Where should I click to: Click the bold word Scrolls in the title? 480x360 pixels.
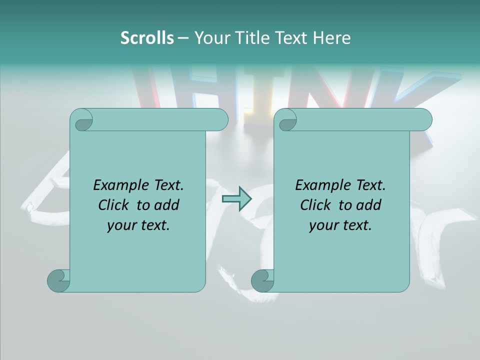(147, 37)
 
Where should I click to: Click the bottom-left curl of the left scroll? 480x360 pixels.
(59, 280)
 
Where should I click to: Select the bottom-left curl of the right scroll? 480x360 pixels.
(263, 280)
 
